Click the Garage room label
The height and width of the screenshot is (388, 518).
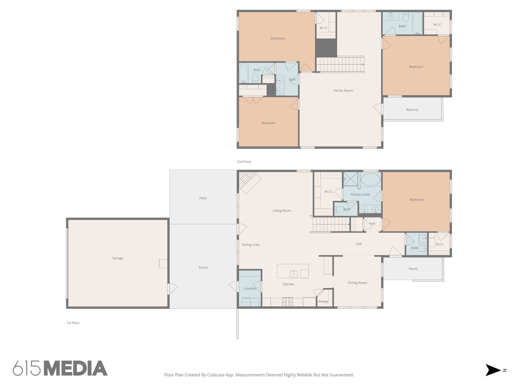[x=118, y=258]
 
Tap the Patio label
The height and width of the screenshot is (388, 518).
[x=203, y=198]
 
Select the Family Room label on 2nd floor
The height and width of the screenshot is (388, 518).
[x=343, y=91]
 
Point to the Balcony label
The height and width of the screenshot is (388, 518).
[x=412, y=110]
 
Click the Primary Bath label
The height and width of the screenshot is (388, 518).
[x=360, y=195]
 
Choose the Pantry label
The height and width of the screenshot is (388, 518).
[x=323, y=302]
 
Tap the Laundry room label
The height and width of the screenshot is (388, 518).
[x=250, y=288]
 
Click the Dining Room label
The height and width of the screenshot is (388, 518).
[x=357, y=283]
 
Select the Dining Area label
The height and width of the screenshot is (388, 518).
[x=250, y=245]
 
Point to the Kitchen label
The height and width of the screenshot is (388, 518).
[x=289, y=284]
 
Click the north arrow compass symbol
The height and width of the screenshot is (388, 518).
[x=493, y=370]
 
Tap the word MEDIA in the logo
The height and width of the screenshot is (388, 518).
[x=76, y=368]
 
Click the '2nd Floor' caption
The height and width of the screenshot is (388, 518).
[x=244, y=162]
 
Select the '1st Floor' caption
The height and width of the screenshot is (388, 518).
[x=73, y=323]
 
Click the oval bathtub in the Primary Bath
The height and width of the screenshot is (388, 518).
[x=370, y=180]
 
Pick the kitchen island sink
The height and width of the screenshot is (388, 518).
[x=294, y=274]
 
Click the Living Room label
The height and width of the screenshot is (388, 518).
[x=282, y=211]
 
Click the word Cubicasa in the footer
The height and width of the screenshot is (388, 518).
[x=216, y=375]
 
